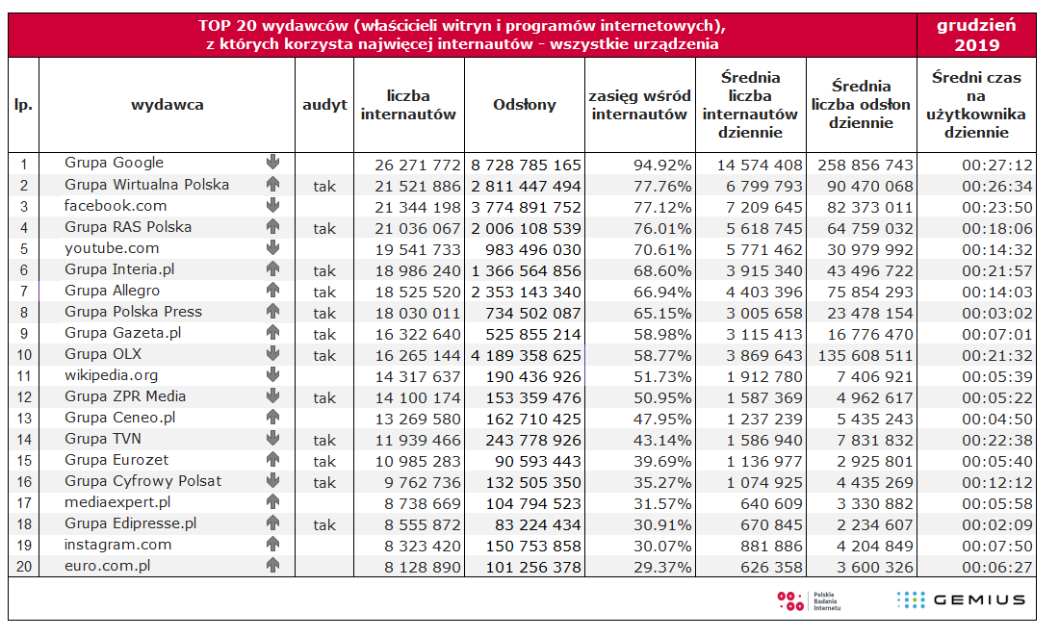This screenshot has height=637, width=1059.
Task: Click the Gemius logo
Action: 961,600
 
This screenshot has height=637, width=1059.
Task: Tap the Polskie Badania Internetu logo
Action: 809,600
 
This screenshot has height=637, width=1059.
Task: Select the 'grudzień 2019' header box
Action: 976,35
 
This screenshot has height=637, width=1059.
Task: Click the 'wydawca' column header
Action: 168,105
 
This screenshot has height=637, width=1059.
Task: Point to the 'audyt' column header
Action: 324,105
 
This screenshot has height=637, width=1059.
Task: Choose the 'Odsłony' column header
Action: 525,105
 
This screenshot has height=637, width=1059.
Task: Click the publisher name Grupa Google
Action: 114,163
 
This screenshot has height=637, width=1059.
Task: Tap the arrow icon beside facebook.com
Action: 272,205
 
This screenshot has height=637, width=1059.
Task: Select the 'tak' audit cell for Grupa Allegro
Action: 324,292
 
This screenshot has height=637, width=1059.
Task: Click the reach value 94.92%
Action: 662,165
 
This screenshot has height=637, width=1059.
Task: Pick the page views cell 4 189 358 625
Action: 526,355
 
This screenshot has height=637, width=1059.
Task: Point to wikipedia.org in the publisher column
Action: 111,375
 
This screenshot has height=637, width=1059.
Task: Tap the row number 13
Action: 24,418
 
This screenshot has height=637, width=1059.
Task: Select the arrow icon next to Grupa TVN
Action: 272,439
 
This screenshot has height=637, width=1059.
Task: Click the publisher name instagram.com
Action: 117,545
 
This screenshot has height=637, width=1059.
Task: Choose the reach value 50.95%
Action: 662,397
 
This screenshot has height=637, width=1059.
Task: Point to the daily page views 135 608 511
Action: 862,355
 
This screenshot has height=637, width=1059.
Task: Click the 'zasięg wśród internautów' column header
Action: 640,105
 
